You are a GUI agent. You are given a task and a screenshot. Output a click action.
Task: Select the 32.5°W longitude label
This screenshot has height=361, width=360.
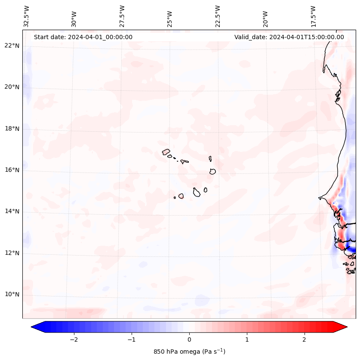coord(27,16)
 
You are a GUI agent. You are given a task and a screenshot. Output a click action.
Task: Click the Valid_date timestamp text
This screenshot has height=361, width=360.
coord(289,37)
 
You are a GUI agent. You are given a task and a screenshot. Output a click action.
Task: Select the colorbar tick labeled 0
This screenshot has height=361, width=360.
coord(189,339)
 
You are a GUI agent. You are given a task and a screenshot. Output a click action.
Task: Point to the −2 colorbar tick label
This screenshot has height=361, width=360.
coord(74,339)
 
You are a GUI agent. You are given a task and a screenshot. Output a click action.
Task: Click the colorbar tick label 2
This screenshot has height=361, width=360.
coord(305,339)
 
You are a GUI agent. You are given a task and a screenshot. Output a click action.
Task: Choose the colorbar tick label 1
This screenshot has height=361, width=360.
coord(247,339)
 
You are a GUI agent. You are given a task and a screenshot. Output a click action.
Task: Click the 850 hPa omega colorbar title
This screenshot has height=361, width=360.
coord(189,352)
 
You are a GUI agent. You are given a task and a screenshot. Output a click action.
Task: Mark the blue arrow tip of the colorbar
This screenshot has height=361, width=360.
coord(36,327)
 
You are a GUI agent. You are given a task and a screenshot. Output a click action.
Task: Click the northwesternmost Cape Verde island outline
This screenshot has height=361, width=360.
coord(166,151)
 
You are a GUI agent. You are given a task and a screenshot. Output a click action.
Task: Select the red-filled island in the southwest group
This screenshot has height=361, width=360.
coord(181,196)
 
